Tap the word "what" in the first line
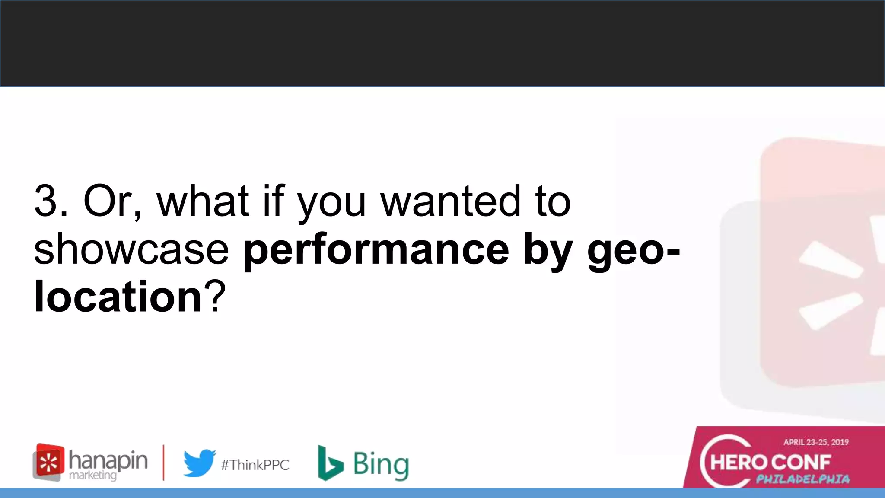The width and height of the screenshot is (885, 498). [203, 201]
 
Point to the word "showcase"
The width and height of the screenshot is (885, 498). [131, 250]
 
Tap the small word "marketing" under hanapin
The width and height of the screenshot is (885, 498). [93, 476]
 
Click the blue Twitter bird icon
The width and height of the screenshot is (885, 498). [199, 463]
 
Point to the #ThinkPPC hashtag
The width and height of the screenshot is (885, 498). [255, 465]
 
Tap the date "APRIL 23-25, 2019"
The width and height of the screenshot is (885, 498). [816, 442]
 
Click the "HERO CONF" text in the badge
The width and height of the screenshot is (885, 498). [770, 463]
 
